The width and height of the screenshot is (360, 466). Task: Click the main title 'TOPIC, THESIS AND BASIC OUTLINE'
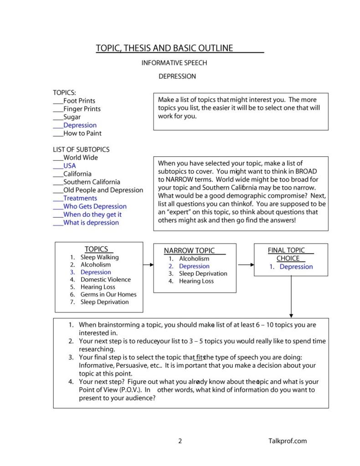pyautogui.click(x=165, y=48)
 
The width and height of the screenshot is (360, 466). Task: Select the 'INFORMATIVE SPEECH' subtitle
pyautogui.click(x=174, y=63)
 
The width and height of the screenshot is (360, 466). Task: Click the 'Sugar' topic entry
pyautogui.click(x=72, y=117)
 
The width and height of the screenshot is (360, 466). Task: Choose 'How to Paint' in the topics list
pyautogui.click(x=82, y=133)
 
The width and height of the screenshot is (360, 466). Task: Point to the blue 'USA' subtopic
pyautogui.click(x=69, y=166)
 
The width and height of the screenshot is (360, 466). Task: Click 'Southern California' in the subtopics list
pyautogui.click(x=92, y=182)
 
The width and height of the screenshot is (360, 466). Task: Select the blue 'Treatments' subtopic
pyautogui.click(x=80, y=198)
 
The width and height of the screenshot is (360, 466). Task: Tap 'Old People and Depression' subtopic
pyautogui.click(x=103, y=190)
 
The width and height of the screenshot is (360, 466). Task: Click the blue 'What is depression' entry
pyautogui.click(x=91, y=223)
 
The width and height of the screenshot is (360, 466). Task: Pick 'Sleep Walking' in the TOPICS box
pyautogui.click(x=99, y=257)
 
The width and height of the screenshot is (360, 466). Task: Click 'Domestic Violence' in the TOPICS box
pyautogui.click(x=105, y=280)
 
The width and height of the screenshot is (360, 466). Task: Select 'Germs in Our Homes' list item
pyautogui.click(x=108, y=294)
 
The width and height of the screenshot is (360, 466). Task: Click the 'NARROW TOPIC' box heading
pyautogui.click(x=189, y=251)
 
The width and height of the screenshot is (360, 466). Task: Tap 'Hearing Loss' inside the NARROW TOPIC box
pyautogui.click(x=196, y=281)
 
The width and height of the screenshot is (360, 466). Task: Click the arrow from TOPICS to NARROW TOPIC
pyautogui.click(x=148, y=264)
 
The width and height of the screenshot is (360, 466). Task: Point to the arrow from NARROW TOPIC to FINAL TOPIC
pyautogui.click(x=246, y=264)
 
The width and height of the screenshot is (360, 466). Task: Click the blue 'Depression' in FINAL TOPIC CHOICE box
pyautogui.click(x=296, y=267)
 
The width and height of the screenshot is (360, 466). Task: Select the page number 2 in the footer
pyautogui.click(x=180, y=440)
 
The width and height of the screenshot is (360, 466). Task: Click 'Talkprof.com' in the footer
pyautogui.click(x=288, y=440)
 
